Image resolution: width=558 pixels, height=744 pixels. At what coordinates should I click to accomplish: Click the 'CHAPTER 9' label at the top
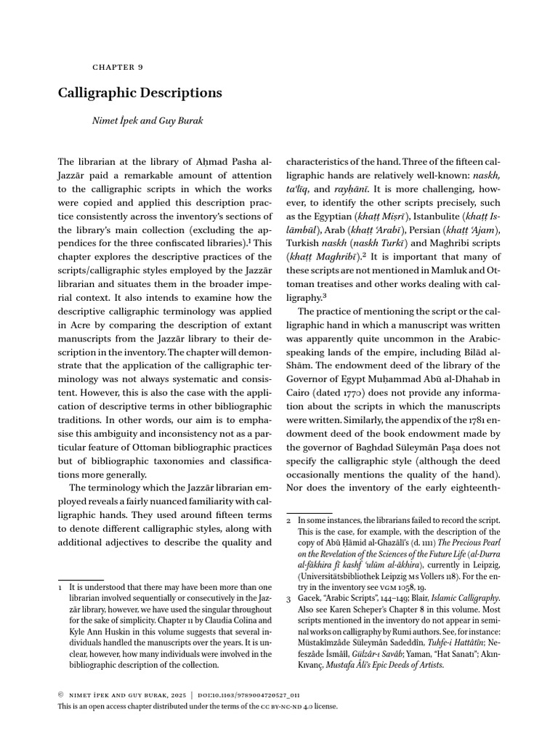[x=117, y=66]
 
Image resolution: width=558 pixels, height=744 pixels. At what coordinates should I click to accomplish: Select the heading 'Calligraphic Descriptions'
[x=139, y=93]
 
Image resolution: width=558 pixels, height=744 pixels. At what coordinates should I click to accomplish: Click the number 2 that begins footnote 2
[x=288, y=522]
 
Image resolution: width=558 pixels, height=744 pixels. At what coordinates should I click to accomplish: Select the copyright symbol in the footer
[x=60, y=693]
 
